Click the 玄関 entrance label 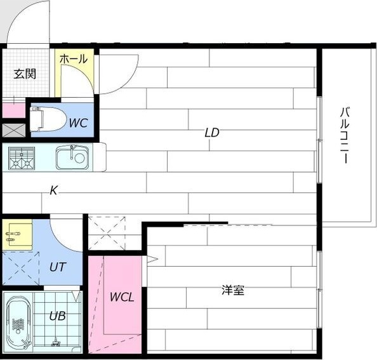click(25, 74)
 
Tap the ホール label click(73, 59)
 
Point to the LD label click(211, 133)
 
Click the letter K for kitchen click(54, 190)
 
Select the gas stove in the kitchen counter click(22, 157)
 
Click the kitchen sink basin click(71, 157)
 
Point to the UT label click(56, 267)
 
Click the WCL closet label click(121, 297)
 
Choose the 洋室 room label click(233, 291)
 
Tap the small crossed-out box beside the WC click(12, 131)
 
